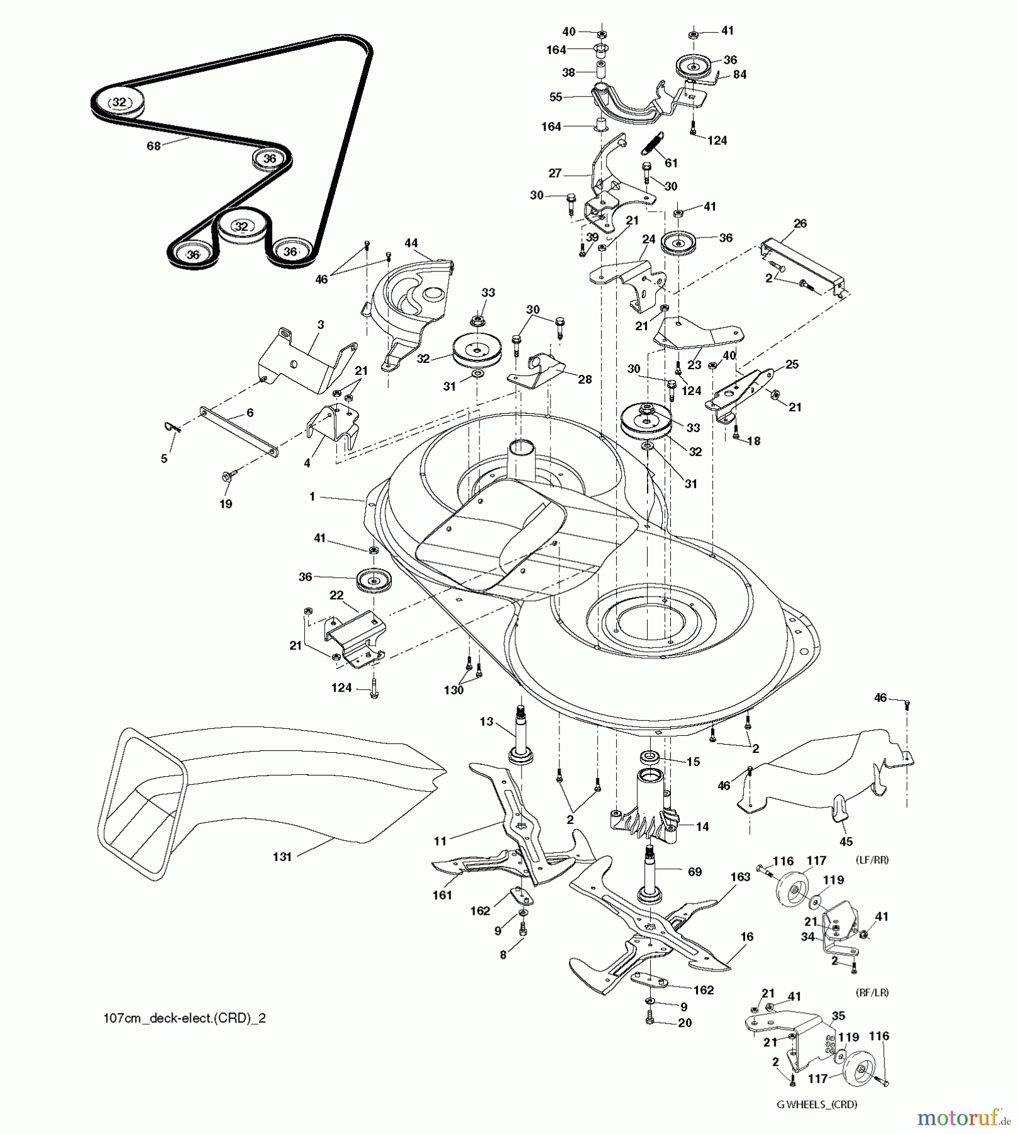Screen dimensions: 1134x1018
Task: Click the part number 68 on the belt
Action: pos(153,146)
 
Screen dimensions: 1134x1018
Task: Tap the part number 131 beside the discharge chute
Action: pos(282,857)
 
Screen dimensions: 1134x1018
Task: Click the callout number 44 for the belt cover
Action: pos(411,243)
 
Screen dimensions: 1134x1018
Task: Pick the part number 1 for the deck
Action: pos(312,496)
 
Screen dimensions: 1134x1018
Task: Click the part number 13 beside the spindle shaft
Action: pos(486,722)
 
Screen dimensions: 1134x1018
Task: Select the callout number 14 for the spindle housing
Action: pos(702,827)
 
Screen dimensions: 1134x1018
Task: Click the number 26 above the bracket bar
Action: pos(800,224)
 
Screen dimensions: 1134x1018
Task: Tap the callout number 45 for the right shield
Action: pos(847,842)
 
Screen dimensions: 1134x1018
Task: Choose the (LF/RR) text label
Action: pos(872,860)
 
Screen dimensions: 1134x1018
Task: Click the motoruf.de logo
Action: pos(961,1118)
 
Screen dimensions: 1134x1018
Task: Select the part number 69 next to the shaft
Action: pos(694,872)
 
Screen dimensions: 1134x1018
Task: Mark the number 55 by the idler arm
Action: pos(556,97)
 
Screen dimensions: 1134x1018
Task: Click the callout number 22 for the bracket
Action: pos(336,595)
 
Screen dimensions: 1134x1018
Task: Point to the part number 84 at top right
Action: pos(740,74)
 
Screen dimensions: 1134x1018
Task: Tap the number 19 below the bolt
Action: pos(226,504)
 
